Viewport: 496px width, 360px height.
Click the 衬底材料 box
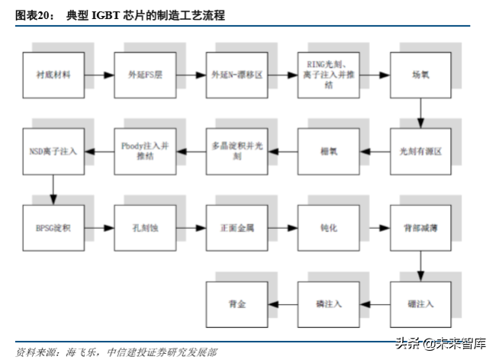point(53,76)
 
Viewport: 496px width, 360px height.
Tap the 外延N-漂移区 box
point(237,76)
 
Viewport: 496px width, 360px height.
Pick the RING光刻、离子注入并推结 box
point(327,76)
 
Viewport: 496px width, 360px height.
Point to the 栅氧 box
point(327,152)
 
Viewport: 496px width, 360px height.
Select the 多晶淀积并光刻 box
point(237,152)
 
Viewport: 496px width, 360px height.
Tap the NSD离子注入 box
point(53,152)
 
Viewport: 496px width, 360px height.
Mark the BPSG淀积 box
point(53,228)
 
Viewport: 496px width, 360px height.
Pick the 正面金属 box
point(237,228)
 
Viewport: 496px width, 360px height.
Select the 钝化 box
point(327,228)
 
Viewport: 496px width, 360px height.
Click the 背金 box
point(237,304)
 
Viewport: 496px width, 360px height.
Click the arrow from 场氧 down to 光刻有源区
point(420,113)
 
